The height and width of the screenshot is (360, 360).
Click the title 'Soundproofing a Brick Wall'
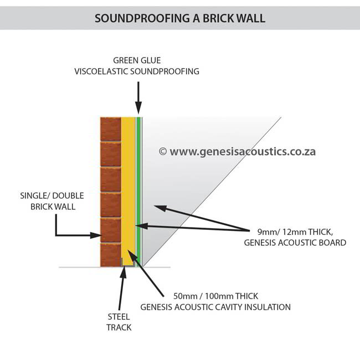point(180,18)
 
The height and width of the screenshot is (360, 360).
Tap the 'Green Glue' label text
point(137,60)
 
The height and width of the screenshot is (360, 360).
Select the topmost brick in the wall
point(110,129)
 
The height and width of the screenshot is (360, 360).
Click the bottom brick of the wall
point(110,254)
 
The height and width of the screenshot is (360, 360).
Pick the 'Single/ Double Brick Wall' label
point(47,201)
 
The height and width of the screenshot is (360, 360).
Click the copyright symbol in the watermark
point(162,151)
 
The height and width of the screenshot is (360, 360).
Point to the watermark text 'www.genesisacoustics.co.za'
point(243,151)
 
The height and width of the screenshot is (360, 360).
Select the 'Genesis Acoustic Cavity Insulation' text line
point(215,307)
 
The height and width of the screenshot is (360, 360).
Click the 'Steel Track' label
point(119,322)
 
